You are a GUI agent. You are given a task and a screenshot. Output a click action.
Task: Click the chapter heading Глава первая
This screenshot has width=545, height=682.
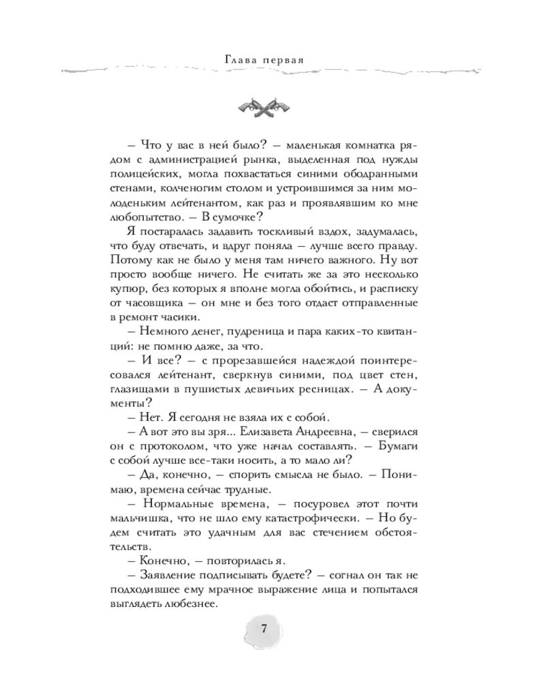pos(263,59)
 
